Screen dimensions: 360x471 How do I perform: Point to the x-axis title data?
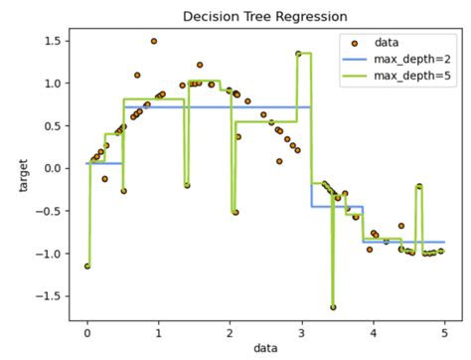265,348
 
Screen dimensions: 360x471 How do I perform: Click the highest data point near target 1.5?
154,42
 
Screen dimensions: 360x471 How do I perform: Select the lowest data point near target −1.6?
333,306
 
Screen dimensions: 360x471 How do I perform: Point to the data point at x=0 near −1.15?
87,266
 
